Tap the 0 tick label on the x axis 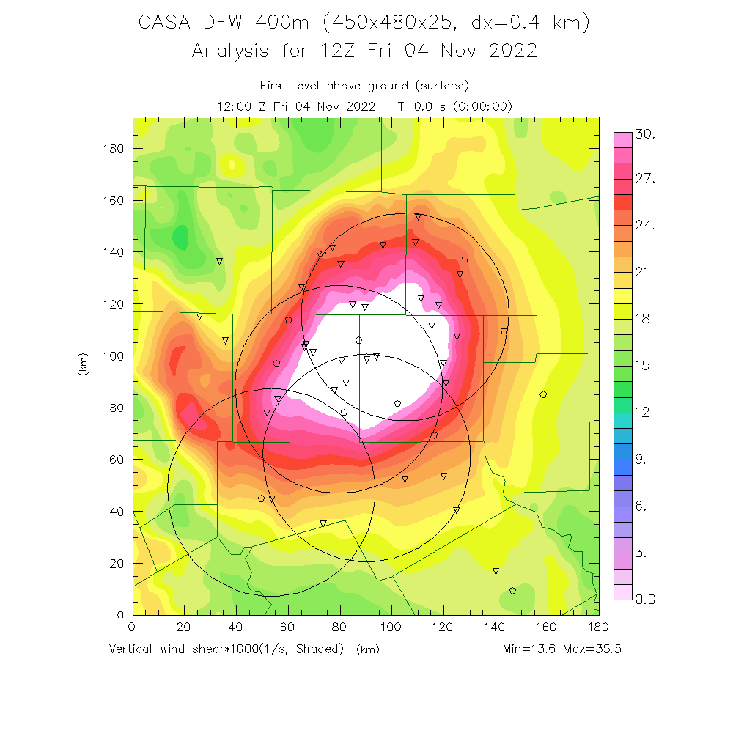(x=132, y=627)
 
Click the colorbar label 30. (x=645, y=135)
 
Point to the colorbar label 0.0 (x=645, y=600)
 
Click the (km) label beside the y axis (x=83, y=365)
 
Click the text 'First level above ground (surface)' (x=364, y=86)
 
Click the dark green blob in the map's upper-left (x=179, y=237)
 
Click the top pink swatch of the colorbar (x=622, y=139)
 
